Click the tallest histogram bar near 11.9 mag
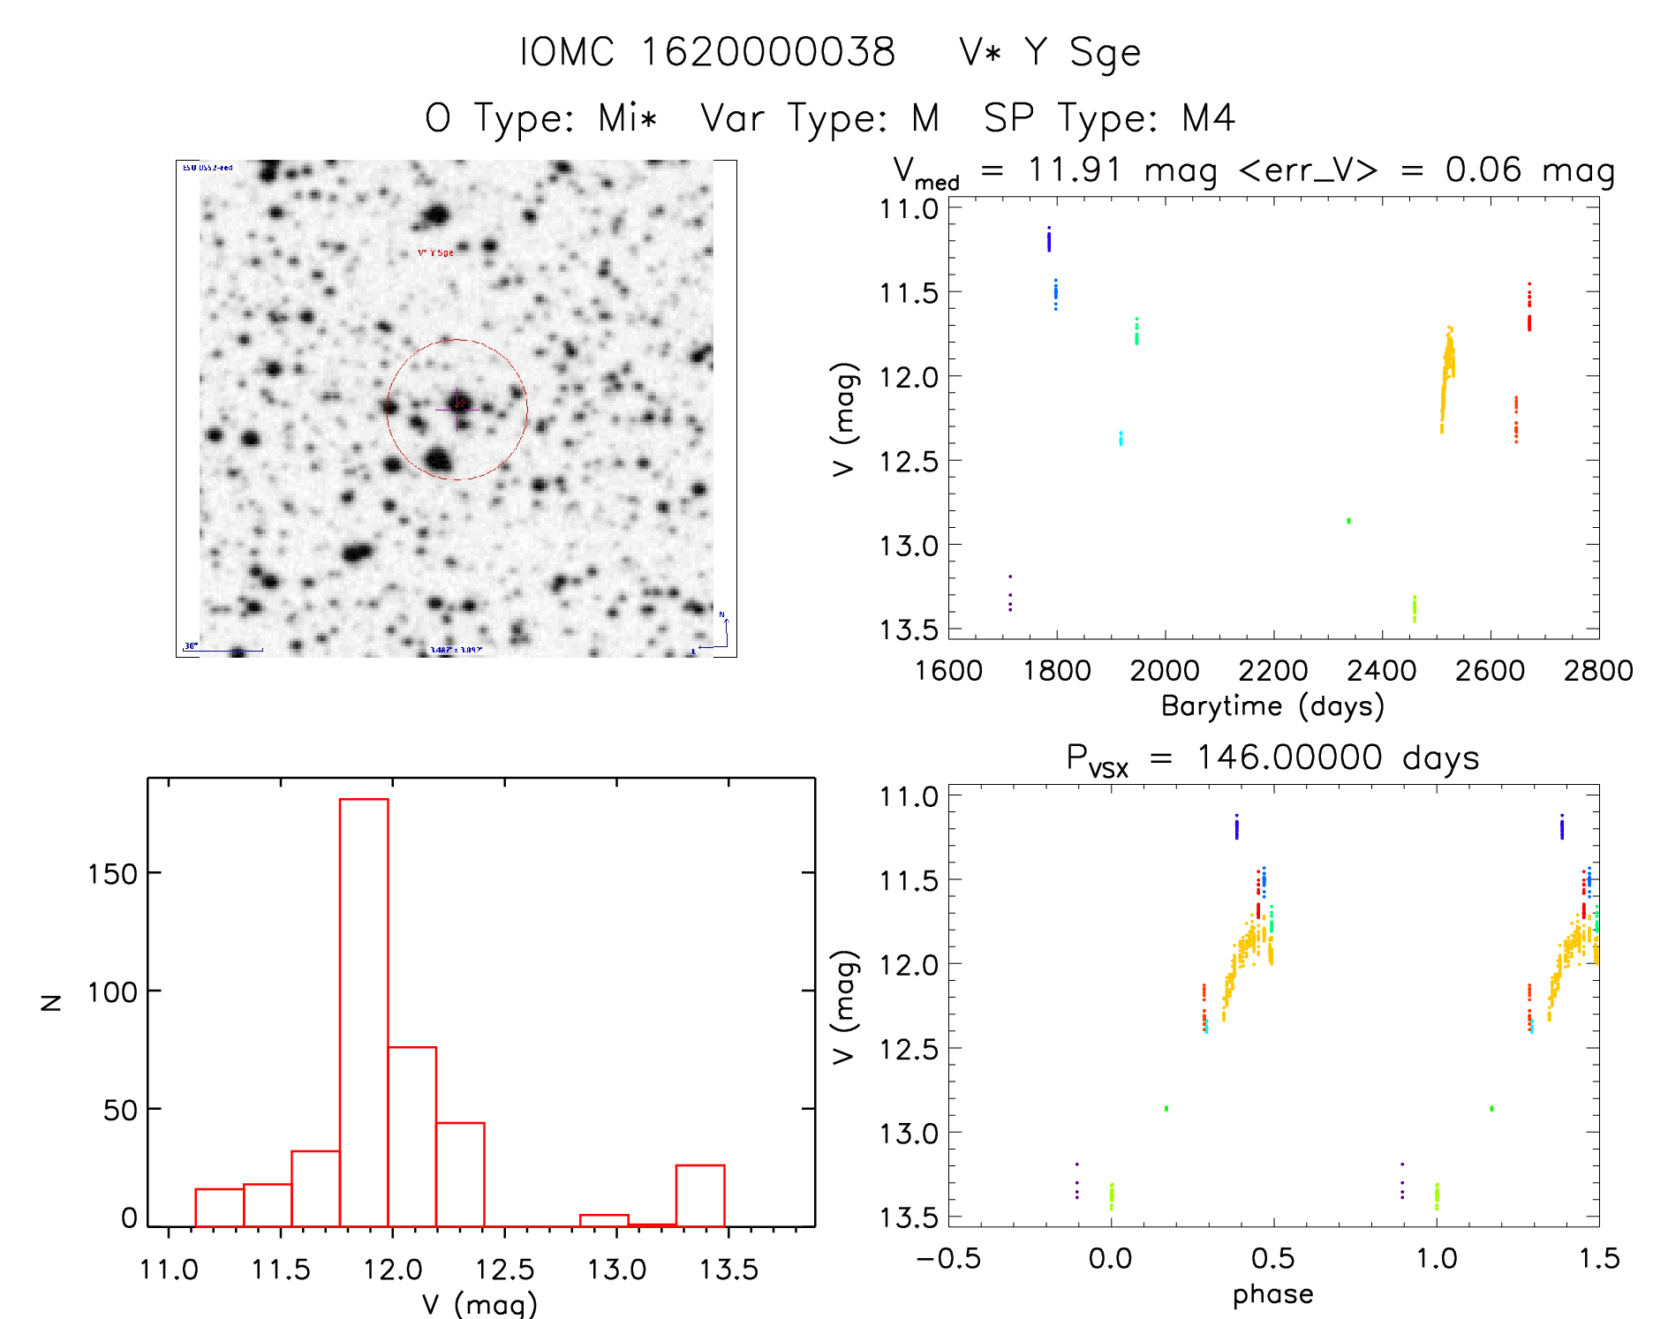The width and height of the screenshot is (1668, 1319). pos(364,1011)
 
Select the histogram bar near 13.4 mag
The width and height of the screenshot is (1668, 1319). pos(700,1195)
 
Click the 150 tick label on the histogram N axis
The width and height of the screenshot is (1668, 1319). pos(112,874)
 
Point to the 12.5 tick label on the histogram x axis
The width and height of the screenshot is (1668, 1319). pos(505,1270)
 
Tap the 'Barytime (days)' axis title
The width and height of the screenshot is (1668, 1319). pos(1272,706)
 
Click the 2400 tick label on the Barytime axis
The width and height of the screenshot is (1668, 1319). pos(1381,671)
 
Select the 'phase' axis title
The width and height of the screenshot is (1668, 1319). pos(1272,1294)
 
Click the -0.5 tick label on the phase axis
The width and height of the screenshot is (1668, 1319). pos(948,1258)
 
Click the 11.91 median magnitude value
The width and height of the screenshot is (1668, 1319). pos(1075,170)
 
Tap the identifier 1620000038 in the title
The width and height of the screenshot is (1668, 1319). pos(767,52)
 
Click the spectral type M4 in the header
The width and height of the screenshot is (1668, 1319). pos(1208,118)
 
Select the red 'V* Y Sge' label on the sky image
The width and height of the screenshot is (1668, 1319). pos(435,252)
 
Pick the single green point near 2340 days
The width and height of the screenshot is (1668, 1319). pos(1348,521)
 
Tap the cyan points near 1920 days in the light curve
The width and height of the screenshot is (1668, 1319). pos(1121,438)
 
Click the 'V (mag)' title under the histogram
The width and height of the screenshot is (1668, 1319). pos(479,1304)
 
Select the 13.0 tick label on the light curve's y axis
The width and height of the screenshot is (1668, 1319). pos(909,546)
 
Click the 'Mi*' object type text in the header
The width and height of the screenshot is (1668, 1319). pos(627,118)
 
